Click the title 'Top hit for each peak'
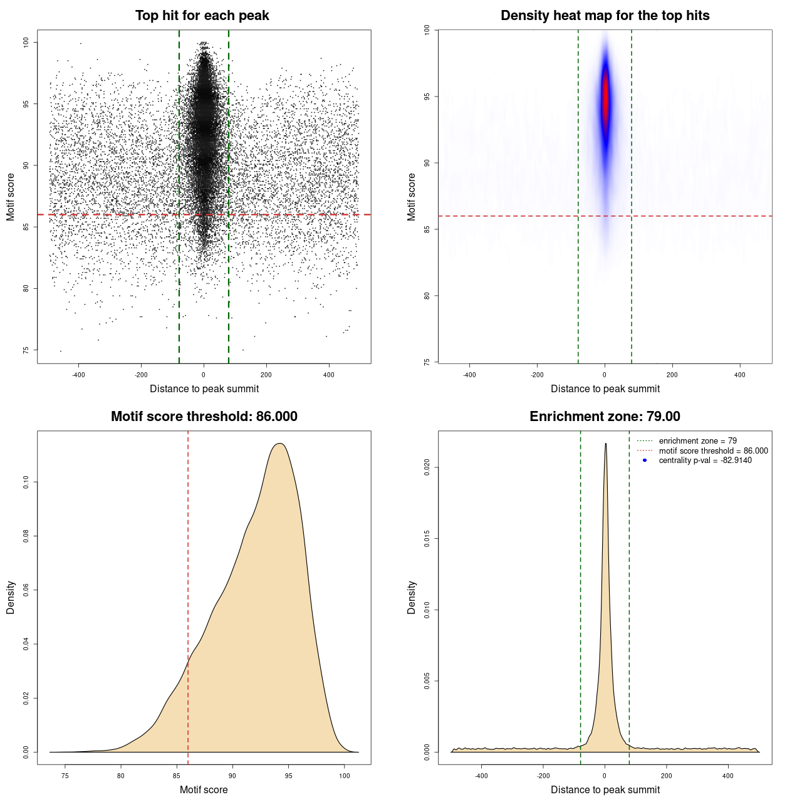(202, 16)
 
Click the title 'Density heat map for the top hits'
(605, 16)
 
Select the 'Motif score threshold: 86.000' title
(204, 417)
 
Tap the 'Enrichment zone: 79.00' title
(605, 417)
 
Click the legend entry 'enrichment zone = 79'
(697, 441)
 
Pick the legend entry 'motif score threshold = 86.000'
(713, 451)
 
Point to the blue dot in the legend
(645, 461)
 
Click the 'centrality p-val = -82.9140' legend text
(705, 461)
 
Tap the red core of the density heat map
(605, 100)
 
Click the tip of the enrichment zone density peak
(605, 444)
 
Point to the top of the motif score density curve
(280, 444)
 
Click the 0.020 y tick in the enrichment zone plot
(427, 467)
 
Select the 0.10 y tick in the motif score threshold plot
(26, 482)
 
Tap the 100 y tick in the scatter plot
(26, 42)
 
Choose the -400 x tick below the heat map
(469, 375)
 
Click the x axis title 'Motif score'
(204, 789)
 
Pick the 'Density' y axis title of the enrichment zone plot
(412, 597)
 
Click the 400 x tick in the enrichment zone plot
(728, 776)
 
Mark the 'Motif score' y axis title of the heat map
(412, 197)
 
